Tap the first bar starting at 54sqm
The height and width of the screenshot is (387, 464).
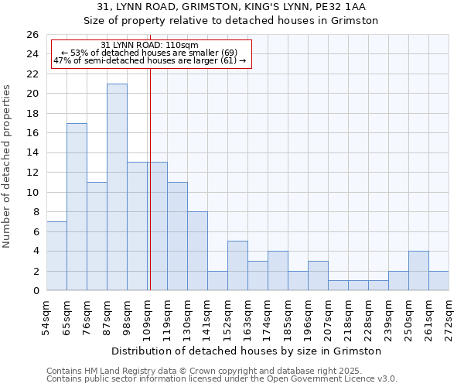[x=56, y=256]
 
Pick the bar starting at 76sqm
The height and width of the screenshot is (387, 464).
[x=97, y=236]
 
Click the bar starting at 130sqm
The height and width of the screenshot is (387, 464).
[x=197, y=251]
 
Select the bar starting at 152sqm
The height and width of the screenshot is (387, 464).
[x=237, y=265]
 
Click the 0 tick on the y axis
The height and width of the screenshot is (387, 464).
[x=35, y=291]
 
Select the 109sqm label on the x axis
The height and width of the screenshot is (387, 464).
[x=147, y=314]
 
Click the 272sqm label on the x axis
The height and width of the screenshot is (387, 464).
[x=449, y=314]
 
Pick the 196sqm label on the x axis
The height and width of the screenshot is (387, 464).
[x=308, y=314]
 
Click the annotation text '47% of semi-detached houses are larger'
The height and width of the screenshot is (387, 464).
[x=149, y=60]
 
